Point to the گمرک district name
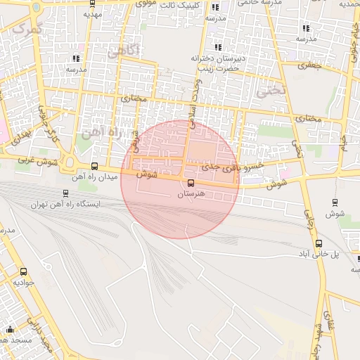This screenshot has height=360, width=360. point(28,29)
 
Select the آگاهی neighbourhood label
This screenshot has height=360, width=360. point(124,51)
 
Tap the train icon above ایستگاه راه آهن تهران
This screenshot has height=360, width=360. point(65,193)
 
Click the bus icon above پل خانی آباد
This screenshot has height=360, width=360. point(319,243)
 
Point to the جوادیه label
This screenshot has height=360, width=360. point(24,282)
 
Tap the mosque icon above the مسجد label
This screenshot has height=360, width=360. point(10,329)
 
